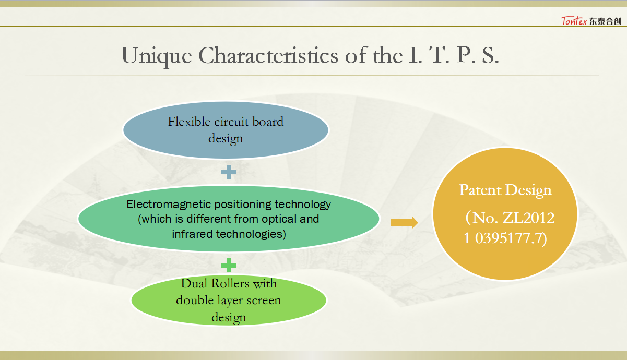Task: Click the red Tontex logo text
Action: click(574, 21)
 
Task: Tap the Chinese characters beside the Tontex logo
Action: click(605, 21)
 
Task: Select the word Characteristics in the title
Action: click(268, 55)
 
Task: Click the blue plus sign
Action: click(229, 172)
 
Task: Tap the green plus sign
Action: click(229, 265)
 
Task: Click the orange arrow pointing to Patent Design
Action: click(404, 222)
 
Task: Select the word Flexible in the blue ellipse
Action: click(189, 122)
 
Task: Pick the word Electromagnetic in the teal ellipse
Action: click(169, 204)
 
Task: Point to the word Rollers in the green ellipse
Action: click(230, 284)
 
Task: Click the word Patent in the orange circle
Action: click(480, 190)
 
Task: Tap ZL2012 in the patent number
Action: click(528, 218)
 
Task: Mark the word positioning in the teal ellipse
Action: click(243, 205)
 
